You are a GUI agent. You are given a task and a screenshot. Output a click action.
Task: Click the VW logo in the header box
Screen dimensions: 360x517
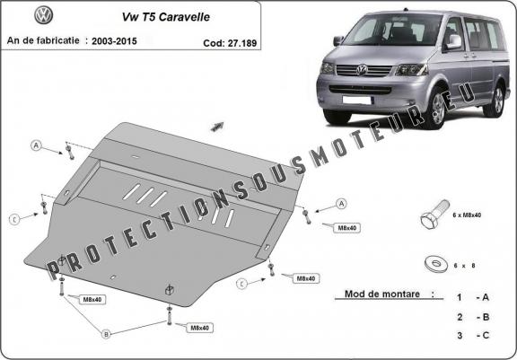[x=42, y=16]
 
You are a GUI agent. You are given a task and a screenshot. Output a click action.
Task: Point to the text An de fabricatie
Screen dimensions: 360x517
[x=44, y=41]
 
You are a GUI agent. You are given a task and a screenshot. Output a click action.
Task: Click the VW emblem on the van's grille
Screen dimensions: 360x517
[x=363, y=67]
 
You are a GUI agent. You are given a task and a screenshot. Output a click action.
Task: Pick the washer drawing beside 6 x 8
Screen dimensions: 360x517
[x=436, y=265]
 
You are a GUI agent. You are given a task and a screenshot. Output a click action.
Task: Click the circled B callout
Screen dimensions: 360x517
[x=106, y=334]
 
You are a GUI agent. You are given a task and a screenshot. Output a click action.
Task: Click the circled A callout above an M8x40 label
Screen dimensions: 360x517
[x=342, y=204]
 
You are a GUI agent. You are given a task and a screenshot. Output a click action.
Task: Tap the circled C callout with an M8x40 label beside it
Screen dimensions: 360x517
[x=241, y=284]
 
